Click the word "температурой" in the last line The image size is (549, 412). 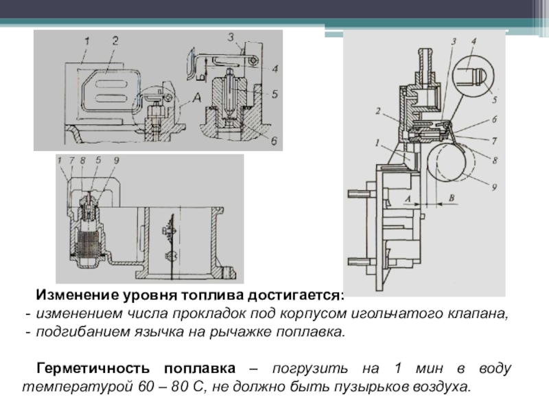pos(62,386)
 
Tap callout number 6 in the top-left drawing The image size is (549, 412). pos(272,141)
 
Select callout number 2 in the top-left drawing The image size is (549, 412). pos(115,41)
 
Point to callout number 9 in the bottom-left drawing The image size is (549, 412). pos(115,161)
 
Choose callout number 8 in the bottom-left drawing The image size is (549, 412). pos(82,161)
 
